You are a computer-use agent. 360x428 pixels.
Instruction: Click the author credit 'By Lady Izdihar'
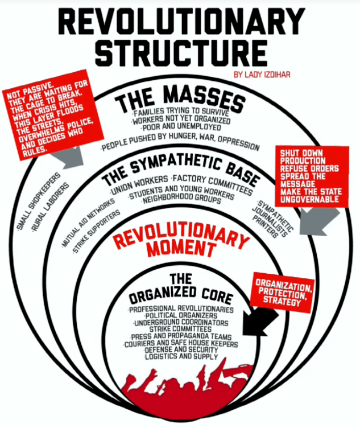pos(262,75)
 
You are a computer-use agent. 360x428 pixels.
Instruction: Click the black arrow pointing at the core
pos(260,322)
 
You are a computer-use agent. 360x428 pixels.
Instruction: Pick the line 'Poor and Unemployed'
pos(181,127)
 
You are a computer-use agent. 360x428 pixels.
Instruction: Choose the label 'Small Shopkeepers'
pos(38,201)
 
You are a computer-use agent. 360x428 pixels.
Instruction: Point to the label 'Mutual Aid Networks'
pos(88,223)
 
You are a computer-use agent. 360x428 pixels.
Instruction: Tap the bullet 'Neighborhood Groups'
pos(181,199)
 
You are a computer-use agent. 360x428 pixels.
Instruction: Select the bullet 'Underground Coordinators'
pos(181,322)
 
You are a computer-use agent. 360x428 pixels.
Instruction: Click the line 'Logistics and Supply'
pos(181,356)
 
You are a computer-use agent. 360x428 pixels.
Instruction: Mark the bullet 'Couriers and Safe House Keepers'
pos(181,343)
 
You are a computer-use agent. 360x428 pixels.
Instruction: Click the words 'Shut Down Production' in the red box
pos(302,157)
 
